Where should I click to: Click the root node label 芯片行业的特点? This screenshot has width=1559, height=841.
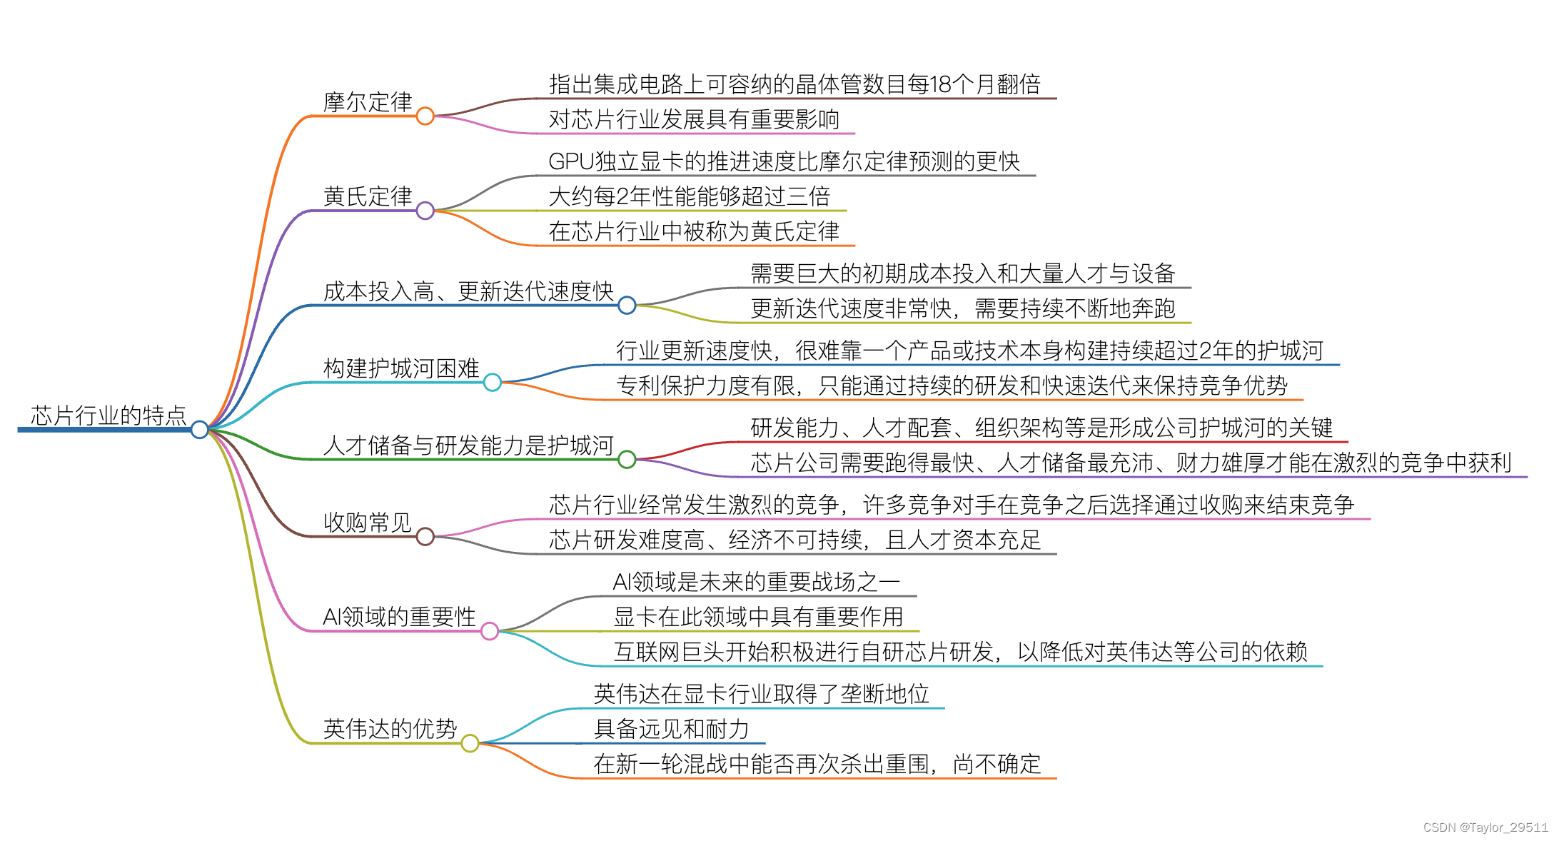[109, 416]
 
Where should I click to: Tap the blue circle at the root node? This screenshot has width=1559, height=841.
[200, 429]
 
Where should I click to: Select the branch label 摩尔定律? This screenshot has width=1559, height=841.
[368, 102]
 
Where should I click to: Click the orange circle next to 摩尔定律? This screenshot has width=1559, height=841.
[425, 116]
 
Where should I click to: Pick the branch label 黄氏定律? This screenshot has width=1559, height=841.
[368, 196]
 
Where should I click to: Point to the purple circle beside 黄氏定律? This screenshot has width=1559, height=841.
[425, 211]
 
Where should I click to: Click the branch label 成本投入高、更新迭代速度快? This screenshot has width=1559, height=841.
[468, 291]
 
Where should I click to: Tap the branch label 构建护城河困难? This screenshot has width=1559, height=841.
[401, 368]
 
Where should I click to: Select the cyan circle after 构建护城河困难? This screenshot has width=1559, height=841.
[493, 383]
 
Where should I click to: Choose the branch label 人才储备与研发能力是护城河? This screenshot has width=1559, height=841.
[468, 445]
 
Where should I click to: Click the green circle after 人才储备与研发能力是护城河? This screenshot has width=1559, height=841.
[627, 459]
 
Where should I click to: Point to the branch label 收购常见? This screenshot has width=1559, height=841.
[368, 523]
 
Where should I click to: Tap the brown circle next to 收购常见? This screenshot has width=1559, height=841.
[425, 536]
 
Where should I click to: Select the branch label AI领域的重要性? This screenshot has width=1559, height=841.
[399, 617]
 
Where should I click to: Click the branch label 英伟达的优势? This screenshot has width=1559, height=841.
[390, 729]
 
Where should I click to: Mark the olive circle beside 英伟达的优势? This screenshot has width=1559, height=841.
[470, 743]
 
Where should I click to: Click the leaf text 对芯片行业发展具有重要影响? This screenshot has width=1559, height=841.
[694, 119]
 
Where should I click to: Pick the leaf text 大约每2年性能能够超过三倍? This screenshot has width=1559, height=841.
[689, 196]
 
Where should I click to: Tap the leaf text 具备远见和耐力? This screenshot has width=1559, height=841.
[671, 729]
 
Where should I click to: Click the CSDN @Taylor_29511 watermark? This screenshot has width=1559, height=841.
[1485, 827]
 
